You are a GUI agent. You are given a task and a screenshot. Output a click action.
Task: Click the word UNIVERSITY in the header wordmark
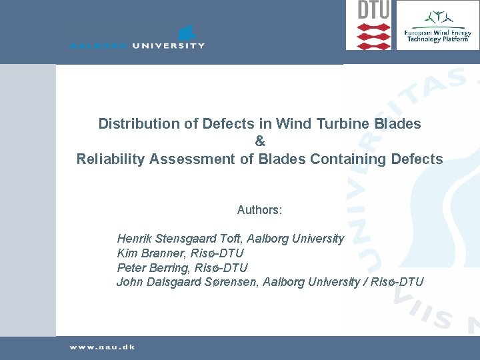tap(167, 46)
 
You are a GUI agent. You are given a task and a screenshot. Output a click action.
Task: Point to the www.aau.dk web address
tap(102, 347)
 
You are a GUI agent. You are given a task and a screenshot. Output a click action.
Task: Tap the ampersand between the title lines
tap(260, 141)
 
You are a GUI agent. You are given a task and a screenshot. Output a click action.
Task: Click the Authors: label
tap(259, 210)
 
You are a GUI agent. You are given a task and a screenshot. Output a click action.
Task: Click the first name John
tap(130, 282)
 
